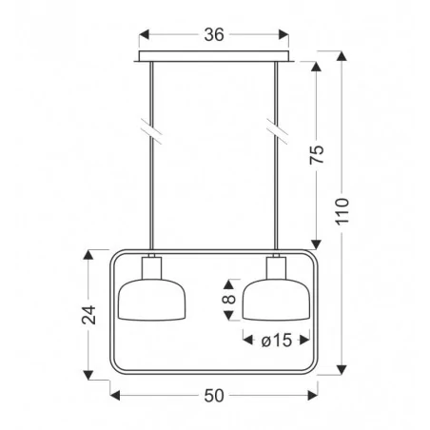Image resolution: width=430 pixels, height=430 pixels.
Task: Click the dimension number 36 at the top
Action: click(214, 34)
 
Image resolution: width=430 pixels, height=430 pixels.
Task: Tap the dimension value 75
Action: click(317, 154)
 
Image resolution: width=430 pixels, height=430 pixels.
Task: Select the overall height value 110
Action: click(342, 211)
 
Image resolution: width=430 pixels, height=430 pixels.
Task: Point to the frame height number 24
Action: click(88, 315)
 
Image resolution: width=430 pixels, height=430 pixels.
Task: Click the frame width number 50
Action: click(214, 396)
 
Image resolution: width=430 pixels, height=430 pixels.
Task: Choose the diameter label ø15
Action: click(277, 341)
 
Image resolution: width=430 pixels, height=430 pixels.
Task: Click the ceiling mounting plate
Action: click(214, 56)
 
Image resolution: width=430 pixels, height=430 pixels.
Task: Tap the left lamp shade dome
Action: click(152, 300)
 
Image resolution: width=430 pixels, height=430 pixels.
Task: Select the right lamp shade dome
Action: click(276, 300)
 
